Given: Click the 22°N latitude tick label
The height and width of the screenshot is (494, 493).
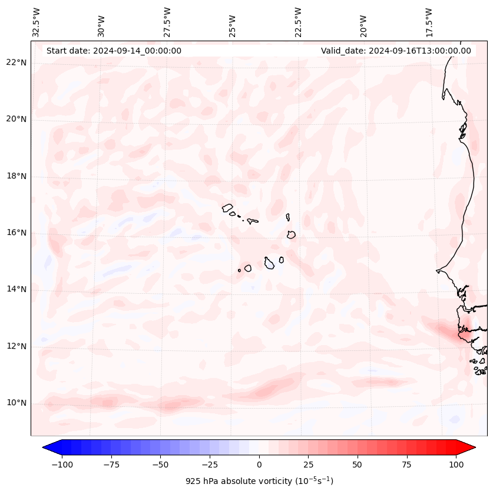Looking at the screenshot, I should click(x=16, y=62).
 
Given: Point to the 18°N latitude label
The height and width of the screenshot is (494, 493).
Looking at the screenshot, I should click(x=16, y=176).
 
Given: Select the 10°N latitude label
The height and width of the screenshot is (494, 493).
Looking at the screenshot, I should click(x=16, y=403).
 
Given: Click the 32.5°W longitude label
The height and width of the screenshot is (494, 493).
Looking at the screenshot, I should click(x=37, y=22).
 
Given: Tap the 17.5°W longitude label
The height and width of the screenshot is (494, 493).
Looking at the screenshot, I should click(x=429, y=22).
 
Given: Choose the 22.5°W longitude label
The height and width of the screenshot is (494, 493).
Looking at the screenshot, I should click(x=298, y=22).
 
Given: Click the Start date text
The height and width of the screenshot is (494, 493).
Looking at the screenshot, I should click(x=114, y=51).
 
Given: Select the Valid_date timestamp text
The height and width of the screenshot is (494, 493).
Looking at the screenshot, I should click(x=396, y=51).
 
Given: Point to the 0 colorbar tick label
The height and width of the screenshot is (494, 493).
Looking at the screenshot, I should click(x=259, y=465).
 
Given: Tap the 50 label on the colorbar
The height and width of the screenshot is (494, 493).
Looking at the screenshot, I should click(x=358, y=465).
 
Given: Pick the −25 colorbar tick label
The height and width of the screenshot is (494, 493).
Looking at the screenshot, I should click(x=210, y=465).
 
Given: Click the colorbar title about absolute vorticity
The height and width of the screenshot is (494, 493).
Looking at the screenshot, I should click(x=259, y=481).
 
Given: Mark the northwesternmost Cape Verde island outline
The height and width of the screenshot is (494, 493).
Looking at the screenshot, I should click(x=227, y=207).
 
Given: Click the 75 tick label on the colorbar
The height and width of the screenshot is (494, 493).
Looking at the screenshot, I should click(x=406, y=465).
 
